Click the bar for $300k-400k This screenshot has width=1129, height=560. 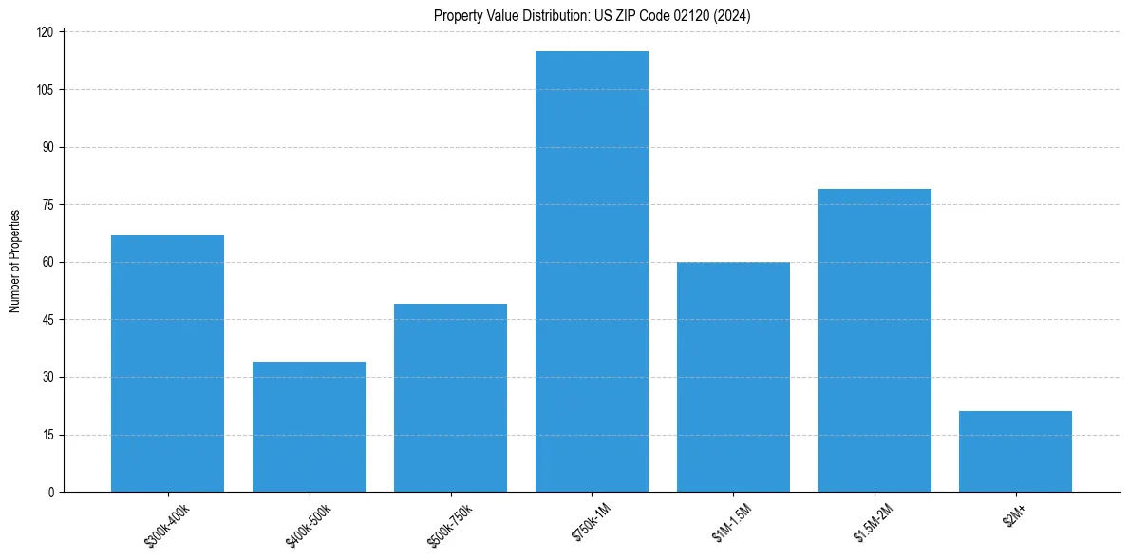coord(167,364)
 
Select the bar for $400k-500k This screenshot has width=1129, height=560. coord(309,427)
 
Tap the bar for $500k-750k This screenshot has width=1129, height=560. coord(450,398)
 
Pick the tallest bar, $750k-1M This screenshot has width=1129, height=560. coord(592,271)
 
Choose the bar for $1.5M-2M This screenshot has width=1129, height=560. coord(875,340)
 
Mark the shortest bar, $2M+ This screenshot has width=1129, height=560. coord(1015,452)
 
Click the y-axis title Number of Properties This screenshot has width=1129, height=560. coord(15,261)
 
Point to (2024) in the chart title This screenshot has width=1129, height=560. coord(734,15)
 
